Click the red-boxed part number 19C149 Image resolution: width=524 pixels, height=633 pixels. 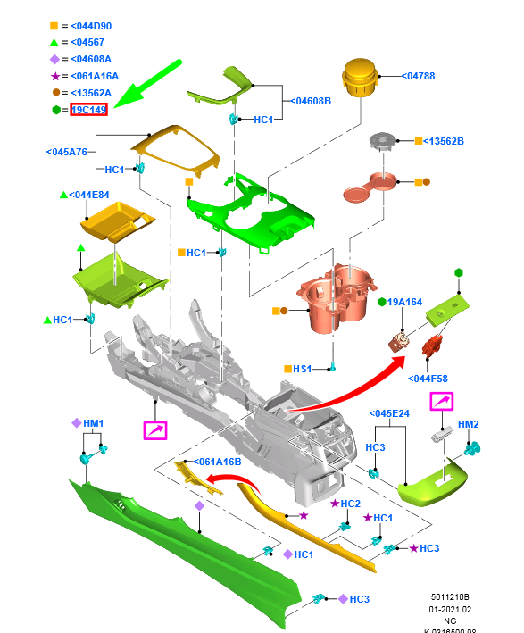point(88,110)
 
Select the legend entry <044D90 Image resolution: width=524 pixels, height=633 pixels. point(91,26)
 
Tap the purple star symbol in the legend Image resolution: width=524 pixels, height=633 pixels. point(55,76)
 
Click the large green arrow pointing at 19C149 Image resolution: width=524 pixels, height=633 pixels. point(148,84)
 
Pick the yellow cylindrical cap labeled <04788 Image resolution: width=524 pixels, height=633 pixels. point(360,78)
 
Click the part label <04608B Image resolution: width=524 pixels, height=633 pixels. point(311,101)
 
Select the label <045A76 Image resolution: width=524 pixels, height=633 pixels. point(67,152)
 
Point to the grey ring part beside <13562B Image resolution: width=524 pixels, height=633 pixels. point(383,141)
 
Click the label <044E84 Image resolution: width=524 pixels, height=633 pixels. point(89,195)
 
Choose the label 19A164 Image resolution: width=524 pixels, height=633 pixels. point(404,302)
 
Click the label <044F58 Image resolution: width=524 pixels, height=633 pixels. point(428,379)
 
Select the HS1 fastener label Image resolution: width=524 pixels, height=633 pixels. point(303,369)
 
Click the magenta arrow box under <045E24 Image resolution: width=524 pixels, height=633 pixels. point(442,402)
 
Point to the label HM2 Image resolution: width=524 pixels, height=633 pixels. point(469,424)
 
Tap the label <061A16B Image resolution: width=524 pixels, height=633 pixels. point(217,462)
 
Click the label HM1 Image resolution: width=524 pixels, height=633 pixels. point(93,423)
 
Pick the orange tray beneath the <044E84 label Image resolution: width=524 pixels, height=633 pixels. point(117,221)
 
